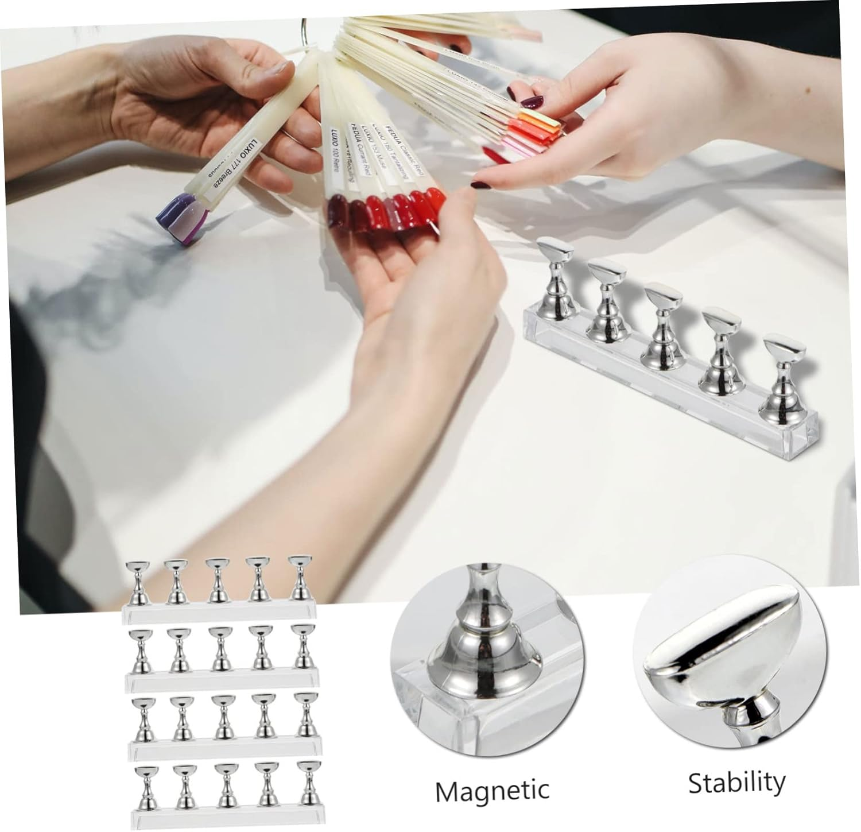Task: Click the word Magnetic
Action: tap(492, 791)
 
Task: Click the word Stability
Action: tap(736, 782)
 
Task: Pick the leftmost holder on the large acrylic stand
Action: tap(554, 274)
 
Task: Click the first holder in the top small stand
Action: tap(137, 585)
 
